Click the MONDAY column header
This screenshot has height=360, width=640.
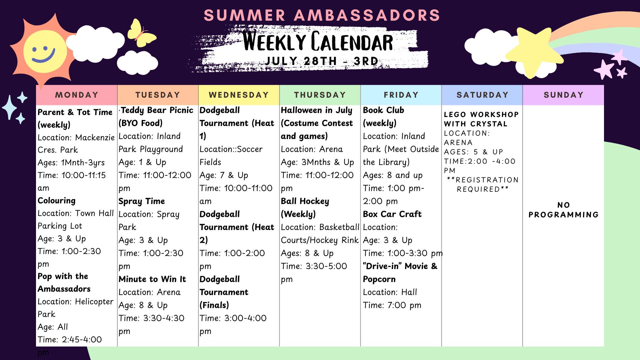(x=77, y=95)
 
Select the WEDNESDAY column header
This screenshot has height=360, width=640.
(x=239, y=95)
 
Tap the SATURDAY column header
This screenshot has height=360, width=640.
(x=482, y=95)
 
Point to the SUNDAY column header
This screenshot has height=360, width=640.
(x=563, y=95)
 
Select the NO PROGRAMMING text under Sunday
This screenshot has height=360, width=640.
(x=563, y=210)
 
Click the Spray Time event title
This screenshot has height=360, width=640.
(x=142, y=201)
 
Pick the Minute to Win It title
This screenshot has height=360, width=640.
(x=152, y=279)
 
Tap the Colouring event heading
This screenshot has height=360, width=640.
(x=57, y=201)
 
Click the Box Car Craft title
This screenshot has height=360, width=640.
(x=392, y=214)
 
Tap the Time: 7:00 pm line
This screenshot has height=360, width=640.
(x=392, y=305)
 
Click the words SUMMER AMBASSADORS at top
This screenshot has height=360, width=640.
(x=322, y=15)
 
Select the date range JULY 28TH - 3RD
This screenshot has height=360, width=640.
(x=322, y=61)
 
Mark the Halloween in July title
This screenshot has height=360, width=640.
(x=317, y=110)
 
